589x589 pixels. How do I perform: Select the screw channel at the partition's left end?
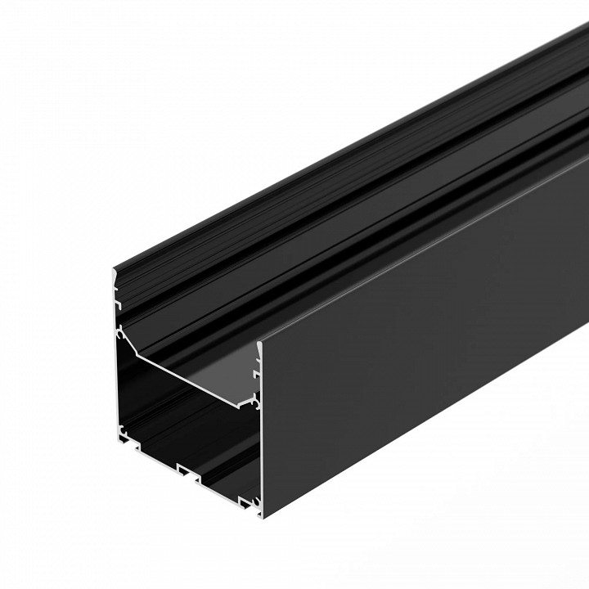tap(120, 333)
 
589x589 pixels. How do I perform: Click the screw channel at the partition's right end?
tap(256, 401)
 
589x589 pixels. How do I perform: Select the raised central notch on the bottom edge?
tap(188, 471)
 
